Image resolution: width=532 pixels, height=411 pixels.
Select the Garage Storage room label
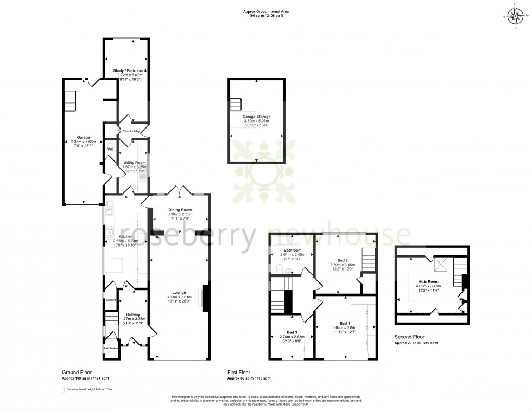tap(256, 117)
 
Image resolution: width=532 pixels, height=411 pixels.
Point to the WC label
tap(110, 149)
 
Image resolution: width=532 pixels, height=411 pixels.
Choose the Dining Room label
tap(180, 209)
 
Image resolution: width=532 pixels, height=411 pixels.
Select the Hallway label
tap(133, 314)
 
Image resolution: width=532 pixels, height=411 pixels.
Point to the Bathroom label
tap(292, 250)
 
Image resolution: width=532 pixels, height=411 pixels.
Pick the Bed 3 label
tap(292, 332)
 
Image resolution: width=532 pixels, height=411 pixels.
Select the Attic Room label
tap(429, 281)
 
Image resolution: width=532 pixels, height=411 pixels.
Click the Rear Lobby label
tap(131, 131)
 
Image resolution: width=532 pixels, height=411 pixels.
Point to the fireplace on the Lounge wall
tap(205, 299)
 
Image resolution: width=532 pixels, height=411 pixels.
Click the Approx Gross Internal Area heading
tap(266, 12)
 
